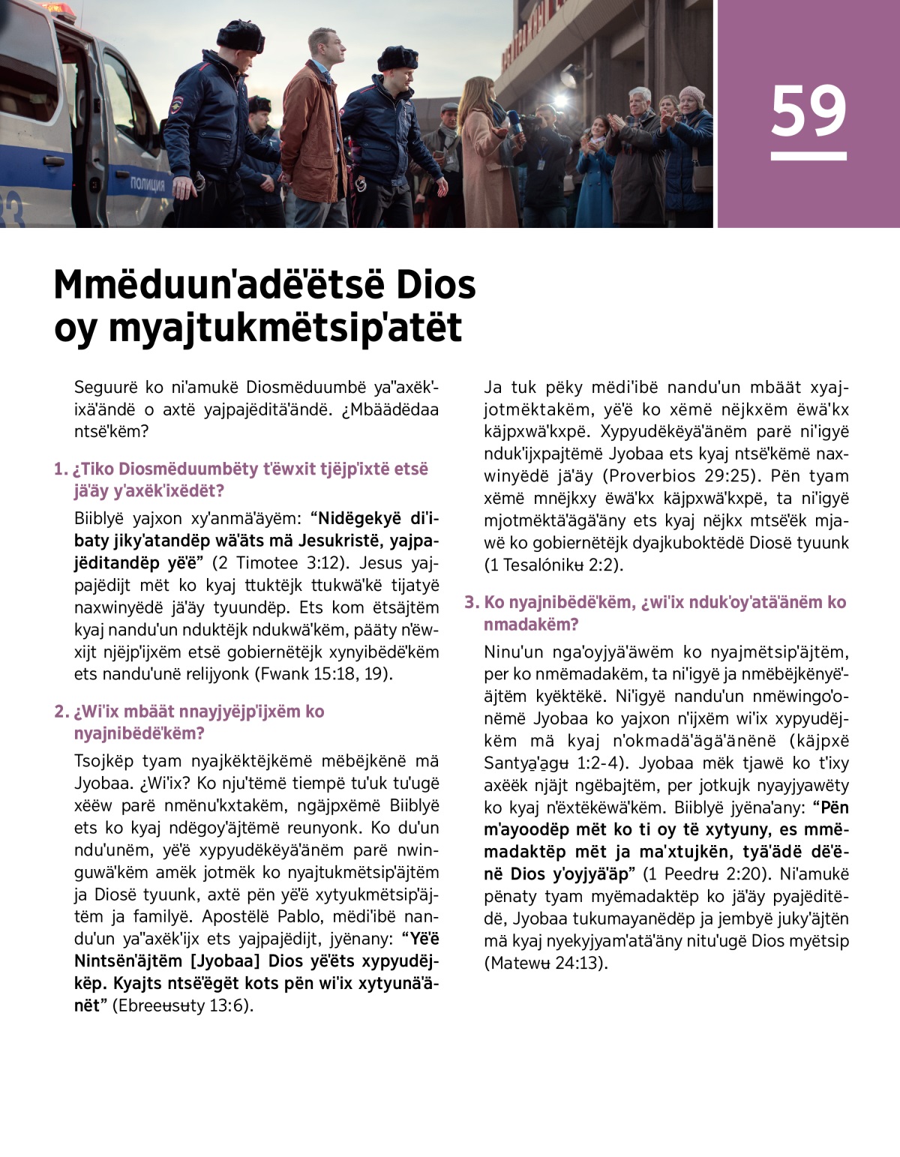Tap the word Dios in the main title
434,285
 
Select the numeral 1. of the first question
61,469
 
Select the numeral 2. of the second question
61,712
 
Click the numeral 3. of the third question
471,602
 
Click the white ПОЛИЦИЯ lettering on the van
147,184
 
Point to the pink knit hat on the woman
691,94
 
